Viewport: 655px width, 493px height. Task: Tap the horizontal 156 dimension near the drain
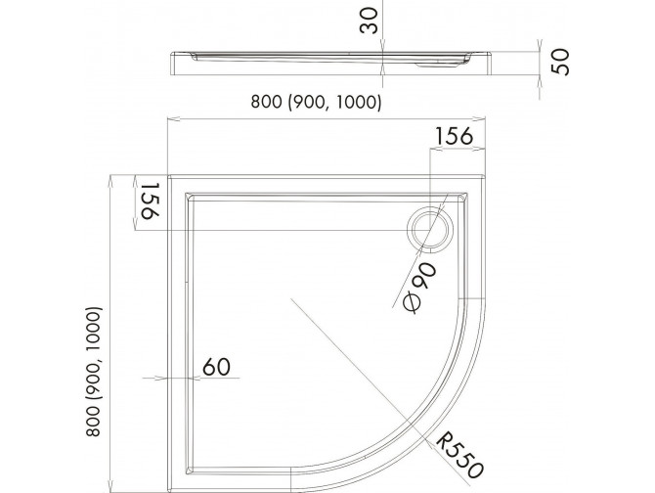455,137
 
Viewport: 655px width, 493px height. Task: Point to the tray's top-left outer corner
170,177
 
